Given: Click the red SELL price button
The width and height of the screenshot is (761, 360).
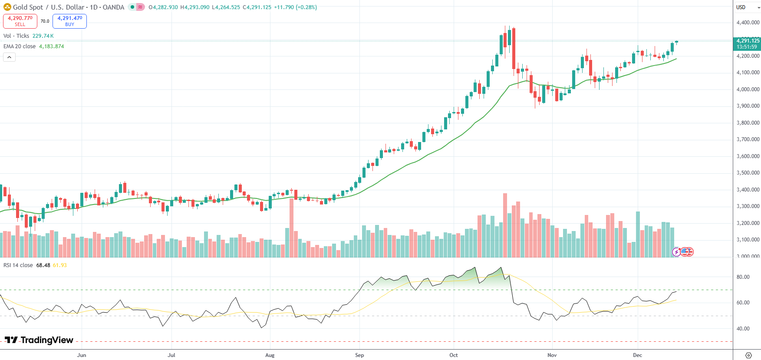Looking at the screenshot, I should [x=20, y=21].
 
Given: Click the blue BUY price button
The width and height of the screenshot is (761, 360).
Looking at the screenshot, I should [x=69, y=21].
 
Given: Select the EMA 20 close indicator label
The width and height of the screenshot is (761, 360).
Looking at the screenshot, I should [x=20, y=46].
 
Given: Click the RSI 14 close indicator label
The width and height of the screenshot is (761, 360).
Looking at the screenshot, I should [x=18, y=265].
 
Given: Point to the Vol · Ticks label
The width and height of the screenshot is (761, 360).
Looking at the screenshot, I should [x=16, y=36].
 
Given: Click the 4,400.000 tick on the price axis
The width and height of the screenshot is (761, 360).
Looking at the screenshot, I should [x=748, y=23].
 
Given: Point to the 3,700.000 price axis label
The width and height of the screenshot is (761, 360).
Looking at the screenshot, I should [x=748, y=139].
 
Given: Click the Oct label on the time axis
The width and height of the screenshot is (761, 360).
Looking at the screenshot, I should [x=454, y=355].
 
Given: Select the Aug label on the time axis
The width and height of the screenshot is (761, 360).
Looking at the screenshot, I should [x=270, y=355].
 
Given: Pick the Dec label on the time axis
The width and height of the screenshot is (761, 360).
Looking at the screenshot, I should [x=637, y=355].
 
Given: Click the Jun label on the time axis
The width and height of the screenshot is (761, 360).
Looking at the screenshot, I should [x=82, y=355].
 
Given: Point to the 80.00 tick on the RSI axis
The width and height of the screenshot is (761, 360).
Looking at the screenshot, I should [x=743, y=277].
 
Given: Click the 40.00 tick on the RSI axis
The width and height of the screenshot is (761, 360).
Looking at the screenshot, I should [x=743, y=329].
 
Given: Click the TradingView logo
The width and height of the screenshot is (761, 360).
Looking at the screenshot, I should [x=39, y=340].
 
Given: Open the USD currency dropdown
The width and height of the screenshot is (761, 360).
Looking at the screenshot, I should [x=747, y=7].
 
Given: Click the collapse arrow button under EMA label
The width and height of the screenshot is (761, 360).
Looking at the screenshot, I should [x=9, y=57].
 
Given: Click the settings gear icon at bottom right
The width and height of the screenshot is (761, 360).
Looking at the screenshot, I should [x=748, y=355].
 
